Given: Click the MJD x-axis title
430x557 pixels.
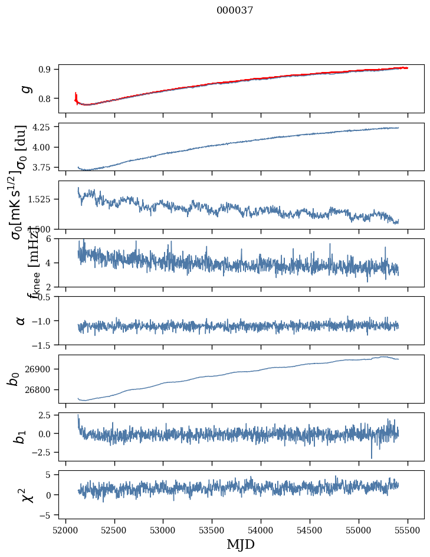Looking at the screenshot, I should pos(241,544).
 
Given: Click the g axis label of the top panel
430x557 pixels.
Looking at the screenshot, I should pos(24,89).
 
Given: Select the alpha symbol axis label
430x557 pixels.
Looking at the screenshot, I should pos(21,320).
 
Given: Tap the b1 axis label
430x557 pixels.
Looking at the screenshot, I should pos(20,437).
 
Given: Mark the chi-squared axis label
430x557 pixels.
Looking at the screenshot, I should pos(27,494).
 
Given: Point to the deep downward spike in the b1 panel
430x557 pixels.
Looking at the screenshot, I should pos(372,456).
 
